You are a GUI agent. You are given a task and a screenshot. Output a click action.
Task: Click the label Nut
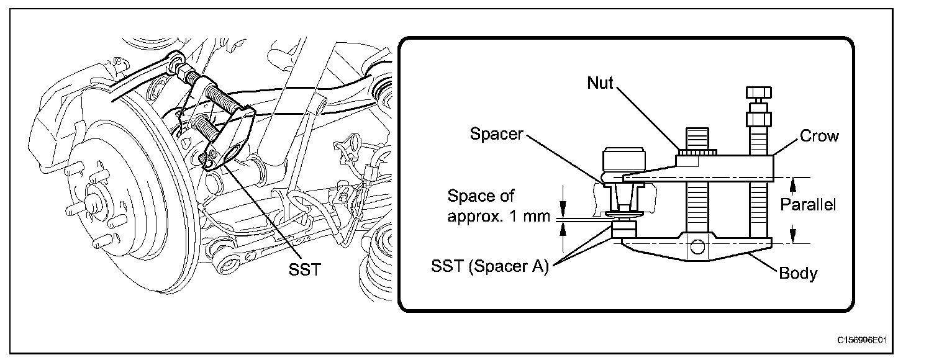pyautogui.click(x=599, y=83)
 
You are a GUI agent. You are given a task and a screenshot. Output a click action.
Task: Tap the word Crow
pyautogui.click(x=818, y=136)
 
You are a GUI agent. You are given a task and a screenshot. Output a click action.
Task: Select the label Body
pyautogui.click(x=798, y=273)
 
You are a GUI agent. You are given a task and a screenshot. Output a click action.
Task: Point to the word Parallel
pyautogui.click(x=808, y=204)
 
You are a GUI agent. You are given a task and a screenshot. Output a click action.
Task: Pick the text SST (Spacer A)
pyautogui.click(x=490, y=268)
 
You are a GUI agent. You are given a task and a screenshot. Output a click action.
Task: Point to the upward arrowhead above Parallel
pyautogui.click(x=792, y=183)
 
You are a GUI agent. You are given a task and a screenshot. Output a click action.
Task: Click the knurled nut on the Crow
pyautogui.click(x=697, y=151)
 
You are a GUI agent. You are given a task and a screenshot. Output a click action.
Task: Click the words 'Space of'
pyautogui.click(x=481, y=197)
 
